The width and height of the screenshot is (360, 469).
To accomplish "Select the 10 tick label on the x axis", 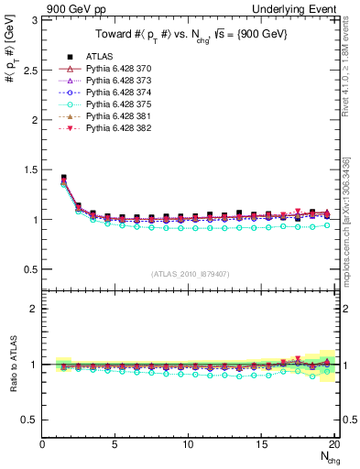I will (189, 443).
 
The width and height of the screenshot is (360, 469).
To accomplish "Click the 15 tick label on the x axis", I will (261, 443).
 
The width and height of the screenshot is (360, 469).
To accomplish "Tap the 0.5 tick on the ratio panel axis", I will (30, 420).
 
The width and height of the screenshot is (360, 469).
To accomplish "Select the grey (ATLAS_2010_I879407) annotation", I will (190, 273).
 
